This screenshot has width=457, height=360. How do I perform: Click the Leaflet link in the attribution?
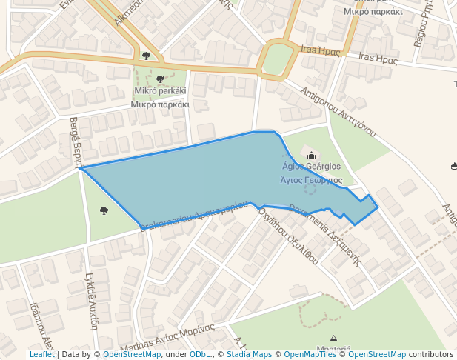point(41,354)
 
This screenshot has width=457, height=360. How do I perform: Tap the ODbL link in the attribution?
point(199,354)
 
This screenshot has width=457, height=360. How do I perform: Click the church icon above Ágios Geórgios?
point(311,156)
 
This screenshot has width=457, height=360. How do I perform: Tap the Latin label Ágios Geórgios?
point(311,167)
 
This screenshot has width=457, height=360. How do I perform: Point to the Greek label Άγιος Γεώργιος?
point(311,180)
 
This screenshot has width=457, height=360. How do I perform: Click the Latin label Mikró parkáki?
point(160,91)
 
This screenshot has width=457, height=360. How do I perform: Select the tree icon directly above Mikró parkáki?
point(160,79)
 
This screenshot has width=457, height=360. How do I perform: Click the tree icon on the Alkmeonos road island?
point(146,56)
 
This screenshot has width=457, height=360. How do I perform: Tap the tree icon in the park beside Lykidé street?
point(104,211)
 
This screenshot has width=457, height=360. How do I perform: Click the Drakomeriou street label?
point(193,214)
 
